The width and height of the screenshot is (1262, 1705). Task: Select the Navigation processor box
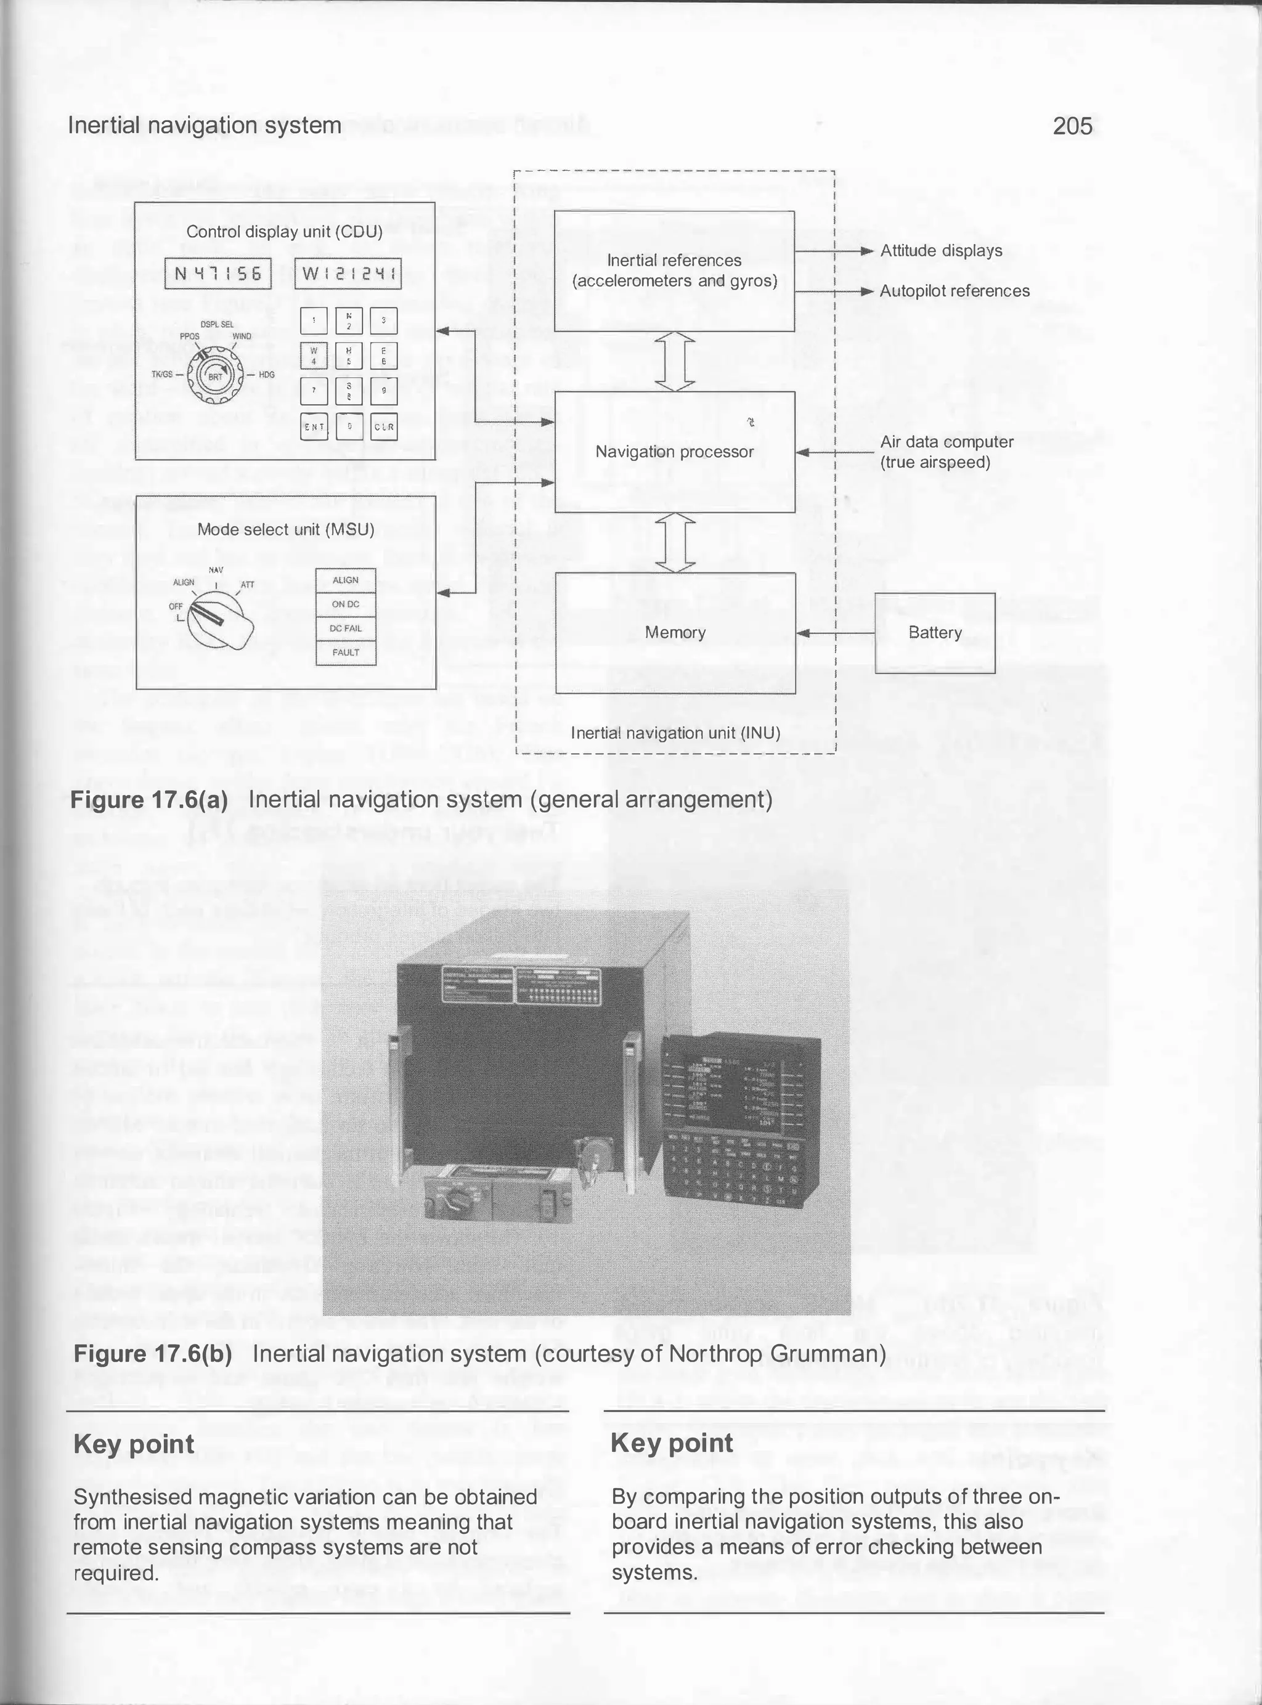pyautogui.click(x=675, y=452)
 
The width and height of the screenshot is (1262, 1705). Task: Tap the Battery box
pyautogui.click(x=934, y=632)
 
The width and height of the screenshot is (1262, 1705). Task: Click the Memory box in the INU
pyautogui.click(x=675, y=632)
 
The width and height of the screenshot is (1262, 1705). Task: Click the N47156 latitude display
pyautogui.click(x=218, y=274)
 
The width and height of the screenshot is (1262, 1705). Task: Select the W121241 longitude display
pyautogui.click(x=348, y=274)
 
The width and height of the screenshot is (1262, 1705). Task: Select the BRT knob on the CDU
pyautogui.click(x=216, y=376)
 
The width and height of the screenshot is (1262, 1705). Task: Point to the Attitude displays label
pyautogui.click(x=940, y=251)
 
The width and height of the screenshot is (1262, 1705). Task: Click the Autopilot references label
pyautogui.click(x=954, y=291)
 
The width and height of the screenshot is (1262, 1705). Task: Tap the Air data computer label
pyautogui.click(x=946, y=452)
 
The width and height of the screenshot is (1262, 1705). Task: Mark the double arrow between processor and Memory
pyautogui.click(x=675, y=542)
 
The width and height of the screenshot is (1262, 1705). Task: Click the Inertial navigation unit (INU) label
pyautogui.click(x=675, y=733)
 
